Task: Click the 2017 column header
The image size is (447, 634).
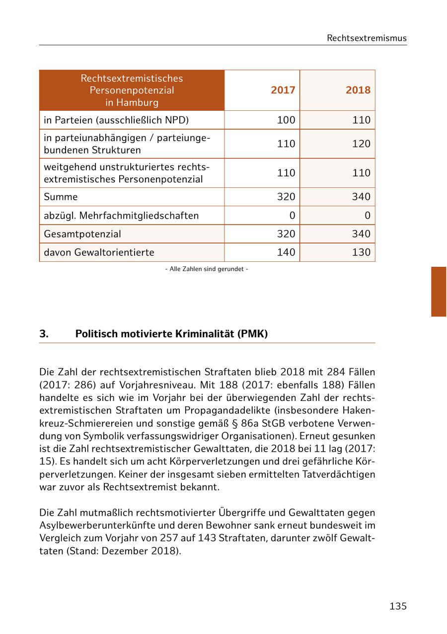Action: tap(283, 90)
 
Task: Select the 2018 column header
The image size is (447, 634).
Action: tap(358, 90)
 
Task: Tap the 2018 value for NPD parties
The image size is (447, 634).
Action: tap(361, 120)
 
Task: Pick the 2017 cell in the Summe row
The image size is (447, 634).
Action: tap(286, 197)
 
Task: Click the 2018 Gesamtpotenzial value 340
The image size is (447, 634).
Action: tap(361, 234)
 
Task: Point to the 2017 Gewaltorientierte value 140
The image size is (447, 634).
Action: tap(286, 252)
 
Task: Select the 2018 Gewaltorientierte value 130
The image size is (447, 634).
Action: tap(361, 252)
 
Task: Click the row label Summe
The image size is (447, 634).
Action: tap(61, 197)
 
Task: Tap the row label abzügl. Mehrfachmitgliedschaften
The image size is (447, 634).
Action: tap(121, 216)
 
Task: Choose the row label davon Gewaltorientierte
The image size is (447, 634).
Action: tap(99, 252)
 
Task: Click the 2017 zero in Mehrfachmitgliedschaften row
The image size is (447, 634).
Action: tap(292, 216)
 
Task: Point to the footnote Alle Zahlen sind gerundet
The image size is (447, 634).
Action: tap(207, 269)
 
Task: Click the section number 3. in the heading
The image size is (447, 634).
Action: tap(44, 334)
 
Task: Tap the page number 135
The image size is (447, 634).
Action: tap(398, 606)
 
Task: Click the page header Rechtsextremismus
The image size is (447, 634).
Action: tap(367, 38)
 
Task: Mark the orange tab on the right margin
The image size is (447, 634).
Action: tap(439, 292)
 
